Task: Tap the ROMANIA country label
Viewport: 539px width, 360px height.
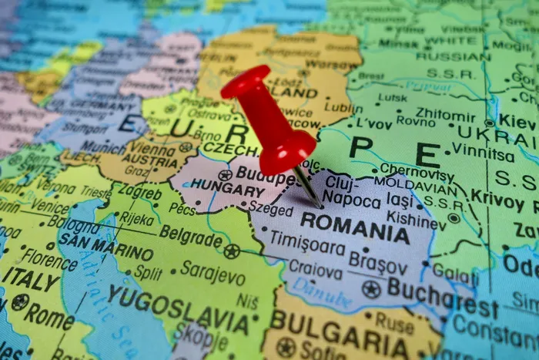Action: [355, 228]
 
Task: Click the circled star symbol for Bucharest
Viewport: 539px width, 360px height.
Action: [371, 290]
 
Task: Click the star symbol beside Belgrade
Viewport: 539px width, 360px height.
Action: [231, 251]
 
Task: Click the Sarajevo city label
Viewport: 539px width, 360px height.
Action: [212, 271]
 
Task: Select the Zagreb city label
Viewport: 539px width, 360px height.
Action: [141, 193]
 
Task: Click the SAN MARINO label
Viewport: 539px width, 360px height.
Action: [105, 247]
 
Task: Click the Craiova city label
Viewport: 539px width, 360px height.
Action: [315, 271]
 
